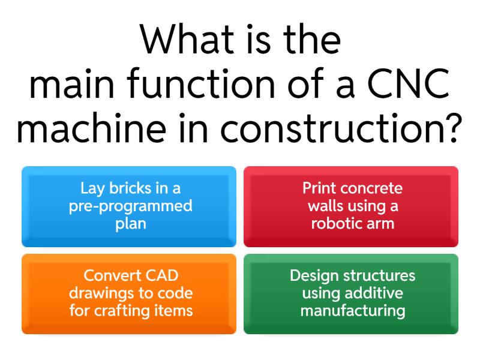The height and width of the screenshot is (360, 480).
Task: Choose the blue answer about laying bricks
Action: (x=129, y=206)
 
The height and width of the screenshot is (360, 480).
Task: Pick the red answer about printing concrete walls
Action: (x=351, y=206)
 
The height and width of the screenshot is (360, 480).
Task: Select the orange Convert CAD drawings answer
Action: (x=129, y=293)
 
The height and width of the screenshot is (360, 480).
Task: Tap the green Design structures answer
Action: (x=351, y=293)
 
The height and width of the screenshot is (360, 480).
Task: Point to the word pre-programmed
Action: (x=130, y=206)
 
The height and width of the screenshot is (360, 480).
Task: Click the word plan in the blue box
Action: (x=130, y=224)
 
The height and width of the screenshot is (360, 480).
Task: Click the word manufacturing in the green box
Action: (x=352, y=311)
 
